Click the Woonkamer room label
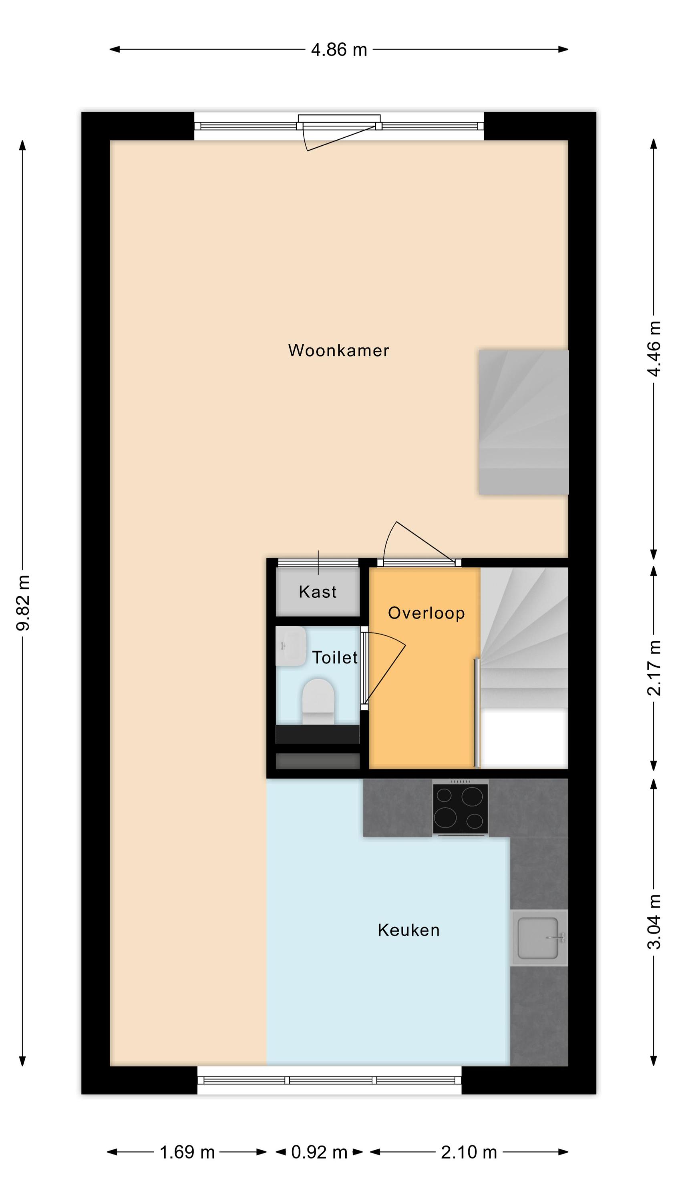click(338, 350)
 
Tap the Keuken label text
click(408, 930)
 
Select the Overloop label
click(426, 613)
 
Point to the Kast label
click(317, 592)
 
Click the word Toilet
click(334, 657)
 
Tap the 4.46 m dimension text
click(654, 349)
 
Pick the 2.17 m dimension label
click(654, 669)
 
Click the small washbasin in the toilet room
click(290, 646)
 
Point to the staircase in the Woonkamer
click(523, 422)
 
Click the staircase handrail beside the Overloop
click(476, 713)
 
